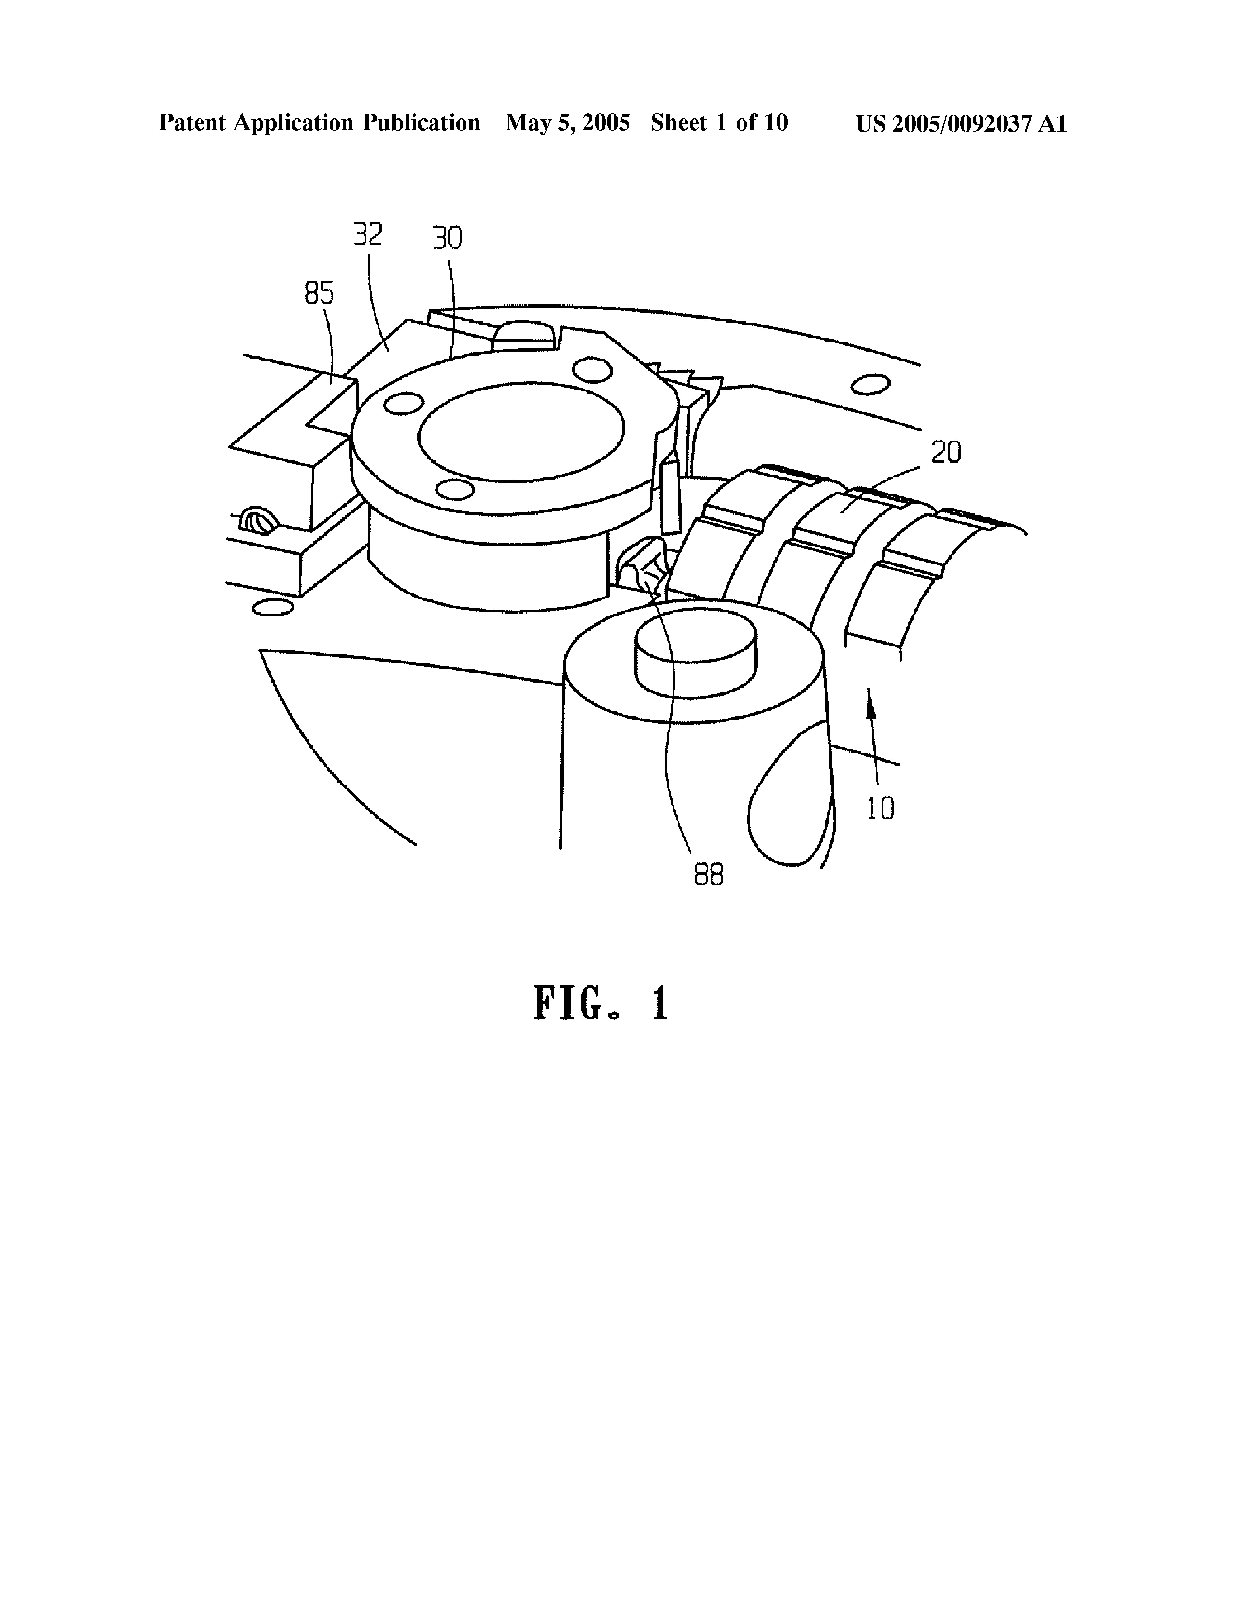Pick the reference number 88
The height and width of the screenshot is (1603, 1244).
[709, 875]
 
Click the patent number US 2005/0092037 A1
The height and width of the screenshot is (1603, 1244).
[961, 123]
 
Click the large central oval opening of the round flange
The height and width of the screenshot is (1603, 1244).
[521, 432]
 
